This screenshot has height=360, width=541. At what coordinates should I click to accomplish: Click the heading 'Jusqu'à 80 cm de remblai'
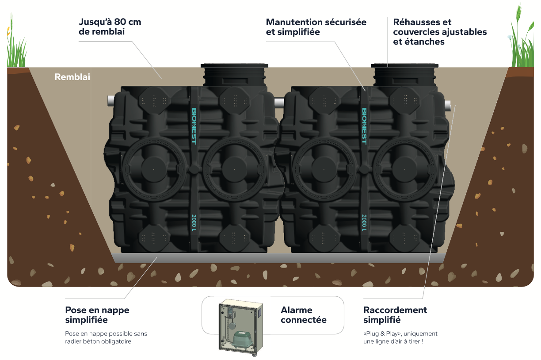point(110,27)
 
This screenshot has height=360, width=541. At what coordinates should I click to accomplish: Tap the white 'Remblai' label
point(72,77)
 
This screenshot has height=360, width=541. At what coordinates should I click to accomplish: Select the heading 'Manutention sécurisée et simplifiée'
point(316,27)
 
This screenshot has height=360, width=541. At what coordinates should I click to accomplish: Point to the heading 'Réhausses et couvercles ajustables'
point(440,32)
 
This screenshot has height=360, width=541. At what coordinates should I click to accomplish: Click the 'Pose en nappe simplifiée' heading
point(97,315)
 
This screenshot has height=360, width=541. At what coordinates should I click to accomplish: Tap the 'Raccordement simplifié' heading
point(395,315)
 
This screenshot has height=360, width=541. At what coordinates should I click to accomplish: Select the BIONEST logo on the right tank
point(364,126)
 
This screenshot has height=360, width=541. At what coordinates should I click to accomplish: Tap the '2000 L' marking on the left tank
point(194,222)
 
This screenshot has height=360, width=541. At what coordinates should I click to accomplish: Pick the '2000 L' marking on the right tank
point(364,222)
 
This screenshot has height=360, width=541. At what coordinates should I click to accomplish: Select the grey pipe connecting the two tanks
point(278,103)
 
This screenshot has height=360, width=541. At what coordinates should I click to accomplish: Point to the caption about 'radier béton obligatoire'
point(106,337)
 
